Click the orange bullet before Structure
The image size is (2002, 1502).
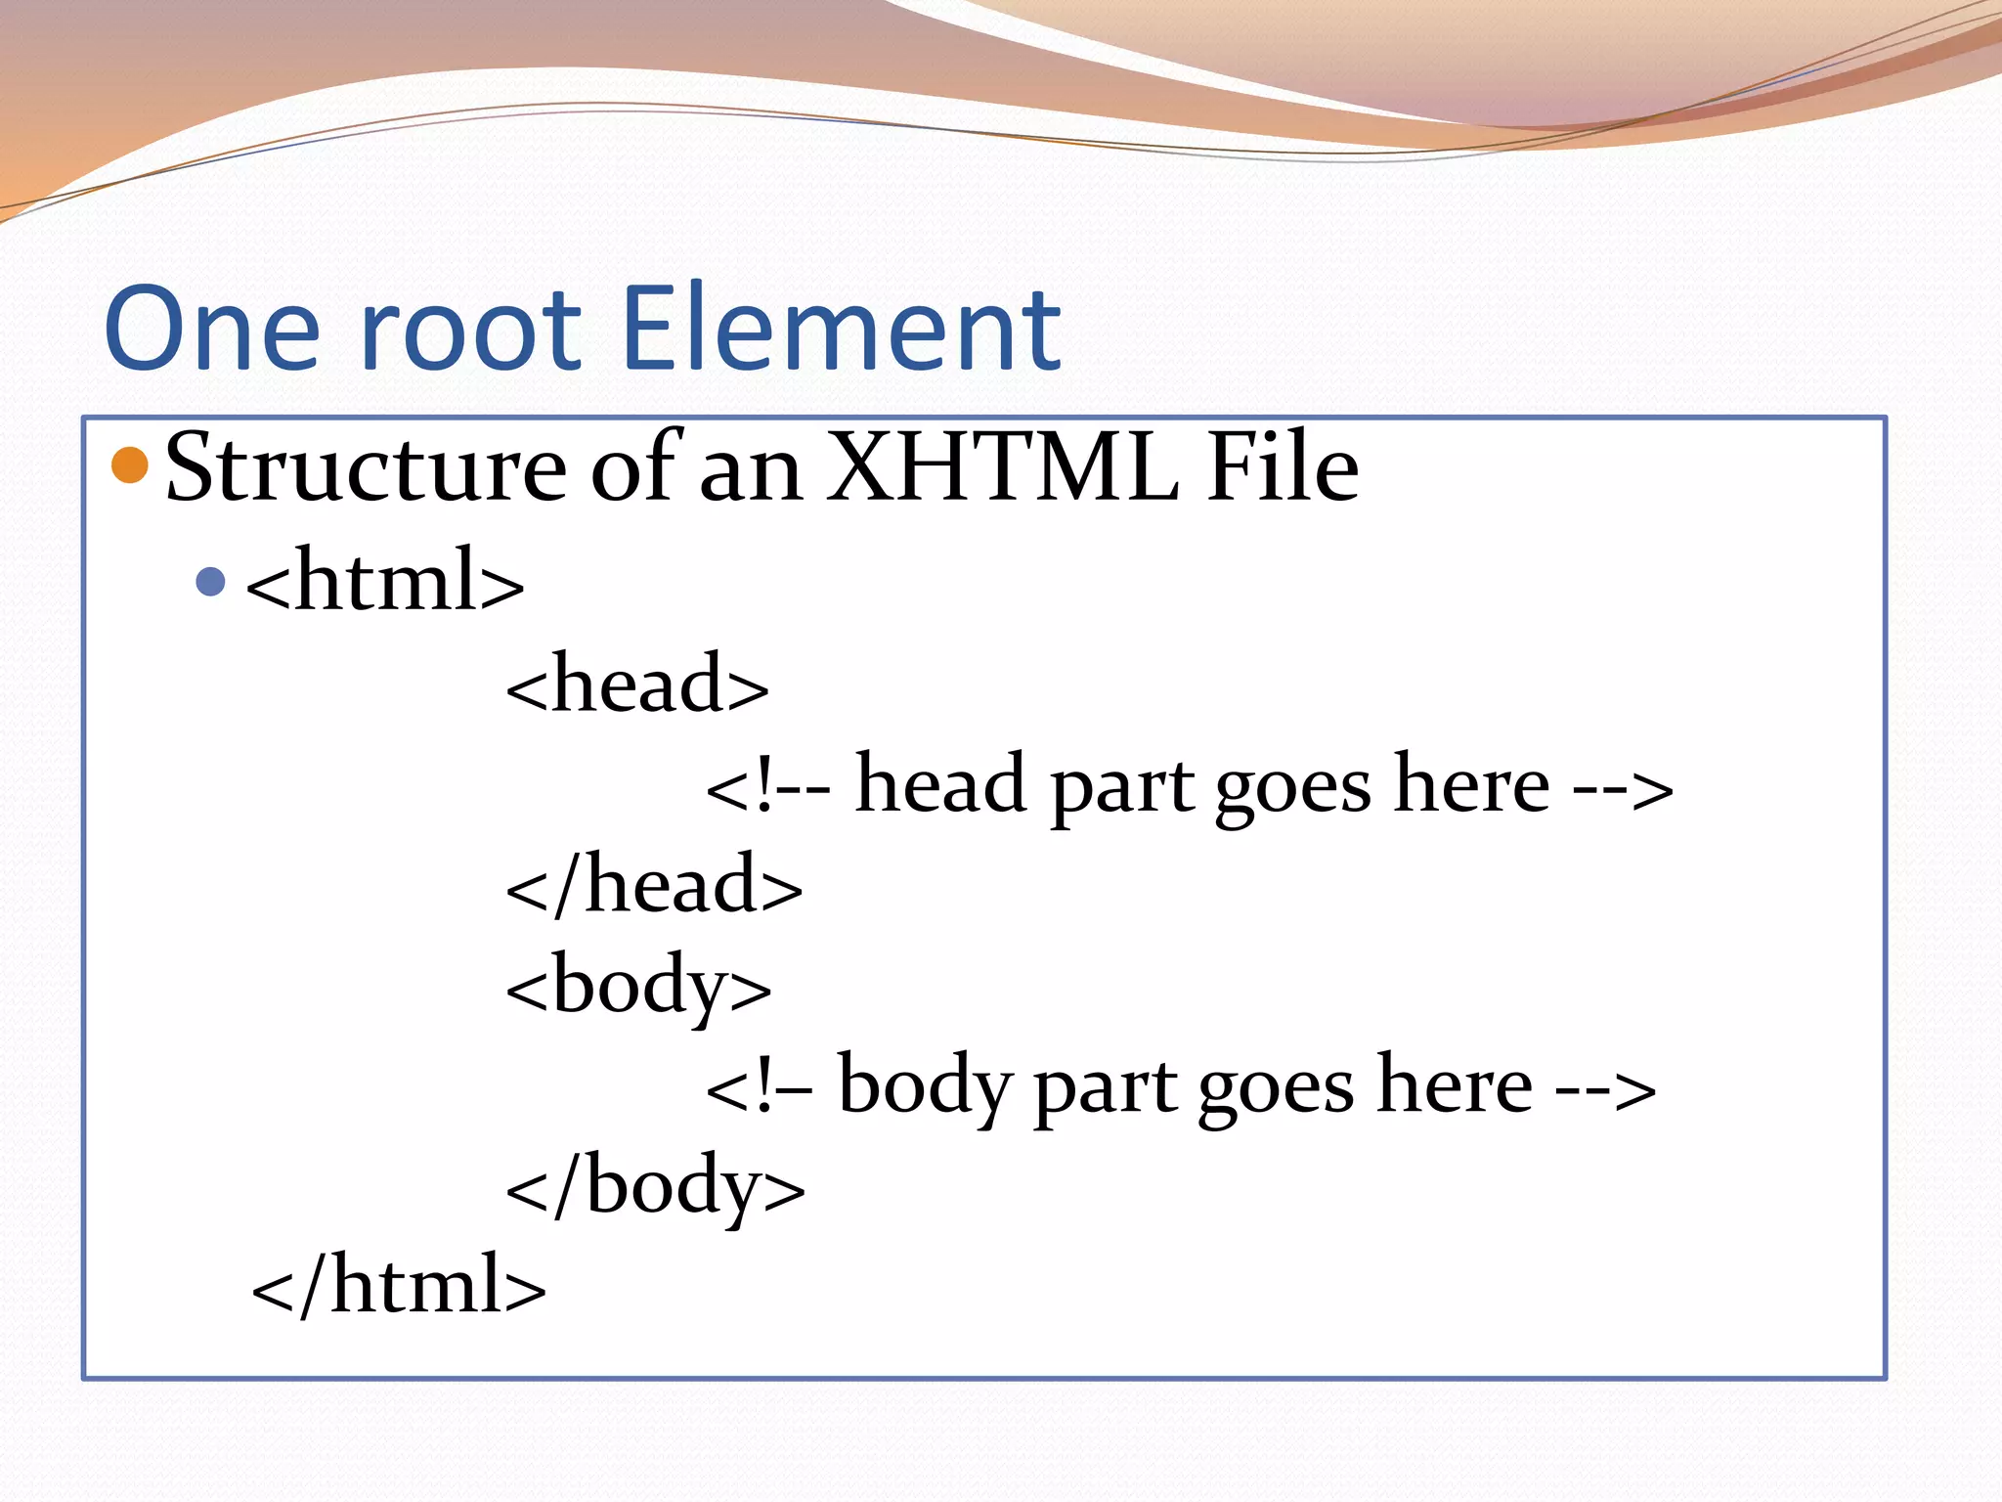[130, 465]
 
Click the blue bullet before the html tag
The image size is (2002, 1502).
[211, 583]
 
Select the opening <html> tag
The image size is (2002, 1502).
[385, 583]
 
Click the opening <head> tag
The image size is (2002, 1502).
[637, 685]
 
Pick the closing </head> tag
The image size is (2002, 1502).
[654, 885]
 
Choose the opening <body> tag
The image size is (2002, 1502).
[638, 988]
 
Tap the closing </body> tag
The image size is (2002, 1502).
[655, 1188]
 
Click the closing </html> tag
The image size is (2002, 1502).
[399, 1287]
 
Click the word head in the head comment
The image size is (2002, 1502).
[940, 785]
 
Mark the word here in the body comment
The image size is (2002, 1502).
[1455, 1085]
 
